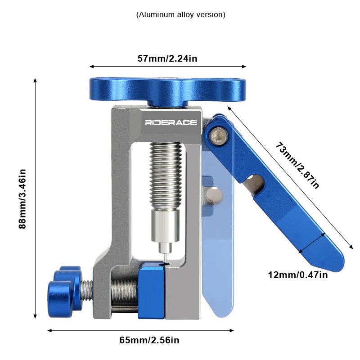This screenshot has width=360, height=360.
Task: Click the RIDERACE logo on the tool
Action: [171, 122]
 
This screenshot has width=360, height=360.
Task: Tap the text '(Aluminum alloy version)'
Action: [181, 15]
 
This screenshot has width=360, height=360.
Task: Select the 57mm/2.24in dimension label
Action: [167, 58]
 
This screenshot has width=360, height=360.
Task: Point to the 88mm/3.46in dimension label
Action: [22, 199]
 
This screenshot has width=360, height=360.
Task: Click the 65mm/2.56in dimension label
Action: [149, 340]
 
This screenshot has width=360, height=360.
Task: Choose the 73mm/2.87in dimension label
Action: [297, 165]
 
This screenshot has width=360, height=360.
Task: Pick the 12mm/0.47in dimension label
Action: [298, 275]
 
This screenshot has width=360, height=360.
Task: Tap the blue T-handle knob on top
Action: [167, 92]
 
